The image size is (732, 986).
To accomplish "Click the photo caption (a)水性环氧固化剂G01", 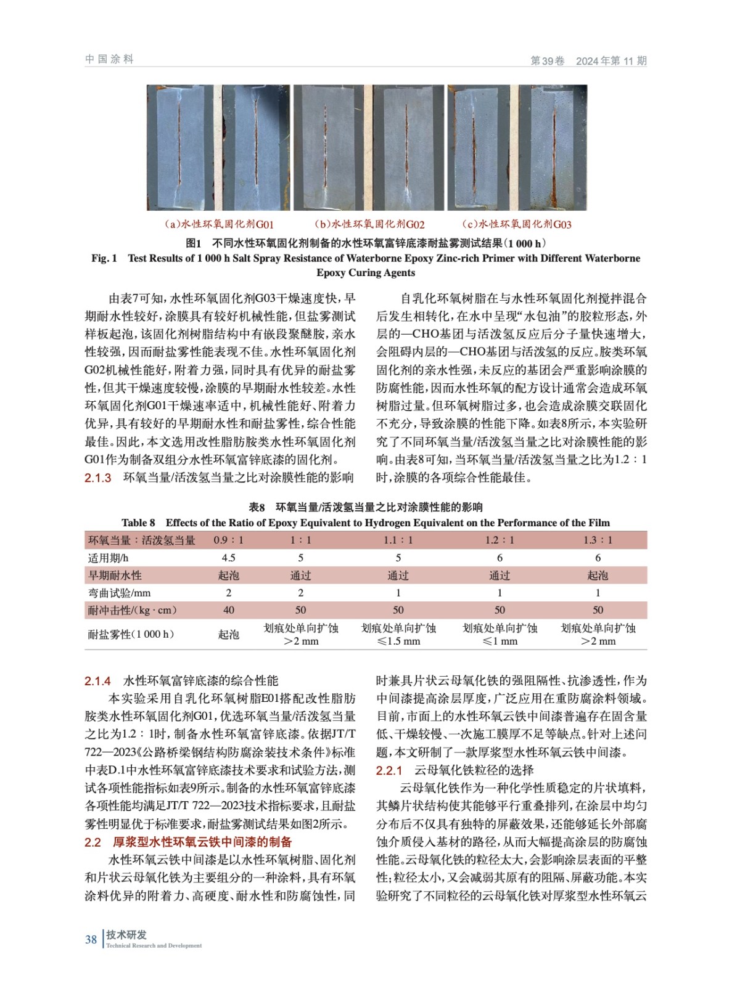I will pos(219,224).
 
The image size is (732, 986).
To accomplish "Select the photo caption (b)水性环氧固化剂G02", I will pos(369,224).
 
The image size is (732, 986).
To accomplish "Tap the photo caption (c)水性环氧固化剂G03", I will pos(517,224).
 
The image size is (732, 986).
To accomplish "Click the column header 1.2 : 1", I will pos(500,540).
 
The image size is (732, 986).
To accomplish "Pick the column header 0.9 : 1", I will pos(228,540).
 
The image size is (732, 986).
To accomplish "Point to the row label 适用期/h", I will pos(109,558).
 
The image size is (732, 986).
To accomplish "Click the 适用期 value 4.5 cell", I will pos(228,558).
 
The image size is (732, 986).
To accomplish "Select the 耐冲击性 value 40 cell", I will pos(228,610).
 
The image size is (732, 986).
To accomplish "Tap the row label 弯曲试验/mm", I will pos(120,593).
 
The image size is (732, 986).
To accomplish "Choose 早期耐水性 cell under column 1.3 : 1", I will pos(598,576).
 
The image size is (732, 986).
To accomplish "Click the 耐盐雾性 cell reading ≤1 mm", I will pos(500,635).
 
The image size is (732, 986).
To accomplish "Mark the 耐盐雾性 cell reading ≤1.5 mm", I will pos(398,635).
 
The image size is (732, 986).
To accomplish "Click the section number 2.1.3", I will pos(98,478).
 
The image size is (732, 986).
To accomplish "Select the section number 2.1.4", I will pos(98,681).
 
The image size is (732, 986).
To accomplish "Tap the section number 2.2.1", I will pos(389,770).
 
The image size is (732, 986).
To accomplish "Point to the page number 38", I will pos(91,940).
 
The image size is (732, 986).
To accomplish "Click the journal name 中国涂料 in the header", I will pos(109,59).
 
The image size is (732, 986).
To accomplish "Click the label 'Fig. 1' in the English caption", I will pos(104,258).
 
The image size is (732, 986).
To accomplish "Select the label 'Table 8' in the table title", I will pos(139,523).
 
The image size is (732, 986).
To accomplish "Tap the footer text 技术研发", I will pos(126,935).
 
